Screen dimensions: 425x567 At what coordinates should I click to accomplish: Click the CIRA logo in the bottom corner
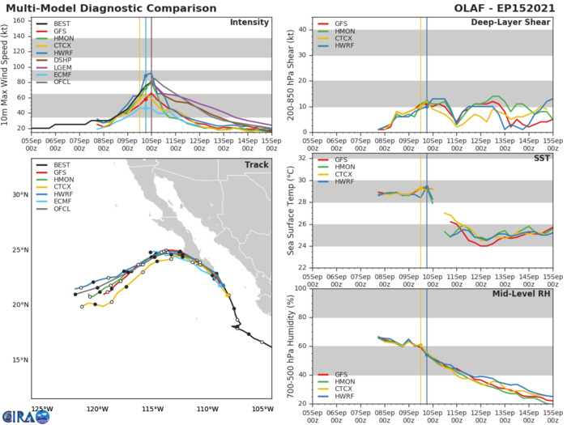point(25,415)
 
